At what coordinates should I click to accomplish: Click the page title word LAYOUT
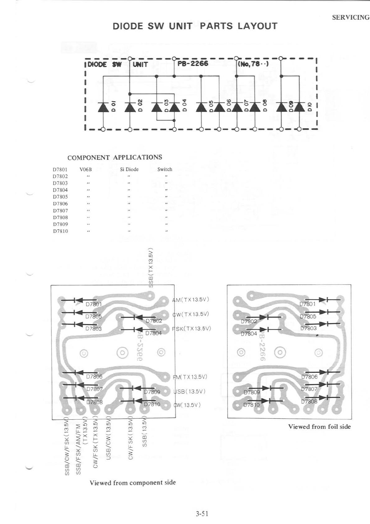257,26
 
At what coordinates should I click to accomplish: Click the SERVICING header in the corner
350,17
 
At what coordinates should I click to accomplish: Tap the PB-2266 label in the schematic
192,63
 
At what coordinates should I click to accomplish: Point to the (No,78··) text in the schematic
253,64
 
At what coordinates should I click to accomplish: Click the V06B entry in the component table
86,169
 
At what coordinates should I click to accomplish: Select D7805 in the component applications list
60,197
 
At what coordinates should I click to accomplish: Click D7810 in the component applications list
60,231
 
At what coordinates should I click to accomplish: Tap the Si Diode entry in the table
129,169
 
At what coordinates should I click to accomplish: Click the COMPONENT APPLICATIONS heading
115,157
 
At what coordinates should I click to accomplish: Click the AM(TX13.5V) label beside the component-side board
191,300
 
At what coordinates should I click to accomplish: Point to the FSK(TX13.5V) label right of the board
192,328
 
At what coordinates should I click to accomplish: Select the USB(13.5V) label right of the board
190,391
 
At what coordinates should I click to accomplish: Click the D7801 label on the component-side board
94,304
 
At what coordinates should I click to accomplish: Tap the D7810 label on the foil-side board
251,405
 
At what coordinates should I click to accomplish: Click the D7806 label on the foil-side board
309,377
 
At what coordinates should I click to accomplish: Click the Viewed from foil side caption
319,427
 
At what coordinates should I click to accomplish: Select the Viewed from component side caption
133,483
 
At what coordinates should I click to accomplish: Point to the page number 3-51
202,513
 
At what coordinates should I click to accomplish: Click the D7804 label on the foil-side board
249,333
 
